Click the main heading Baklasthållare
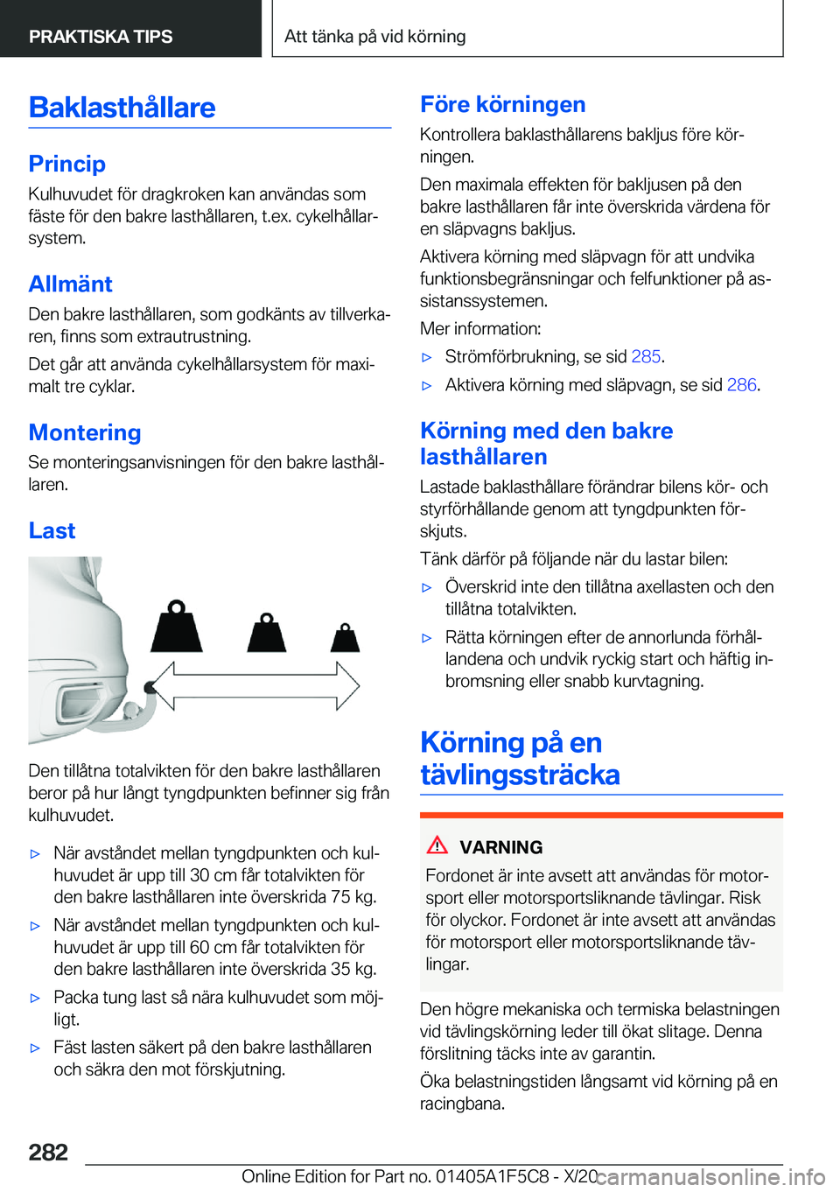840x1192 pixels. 122,108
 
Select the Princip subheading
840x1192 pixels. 66,164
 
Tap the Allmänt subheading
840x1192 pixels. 70,284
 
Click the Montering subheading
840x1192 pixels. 85,432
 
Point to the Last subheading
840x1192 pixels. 52,530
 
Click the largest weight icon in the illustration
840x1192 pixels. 177,628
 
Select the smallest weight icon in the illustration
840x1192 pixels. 345,638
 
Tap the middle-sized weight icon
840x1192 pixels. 266,634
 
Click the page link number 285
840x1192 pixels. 646,356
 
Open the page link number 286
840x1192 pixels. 741,385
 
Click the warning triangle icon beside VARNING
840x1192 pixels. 437,845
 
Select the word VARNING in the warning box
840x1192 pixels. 500,847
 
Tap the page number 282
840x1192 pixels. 48,1152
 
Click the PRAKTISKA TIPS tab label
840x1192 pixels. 101,37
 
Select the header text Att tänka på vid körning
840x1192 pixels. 374,37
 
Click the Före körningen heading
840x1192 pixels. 502,104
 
